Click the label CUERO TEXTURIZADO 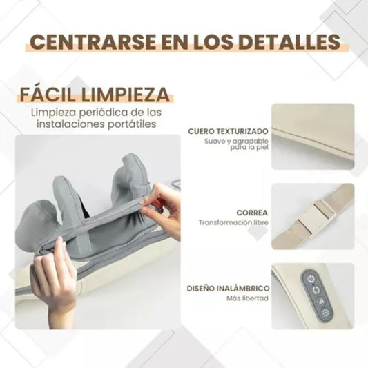pyautogui.click(x=227, y=130)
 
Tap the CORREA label pyautogui.click(x=251, y=213)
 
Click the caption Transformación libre pyautogui.click(x=233, y=223)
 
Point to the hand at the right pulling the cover pyautogui.click(x=166, y=204)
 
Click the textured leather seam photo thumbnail pyautogui.click(x=313, y=136)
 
